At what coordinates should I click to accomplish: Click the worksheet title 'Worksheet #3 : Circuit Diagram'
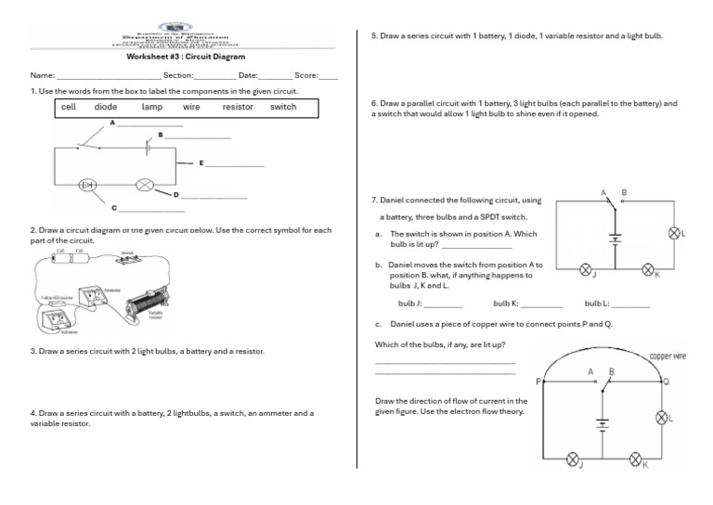172,57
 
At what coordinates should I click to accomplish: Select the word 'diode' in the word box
106,107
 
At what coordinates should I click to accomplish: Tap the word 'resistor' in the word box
238,107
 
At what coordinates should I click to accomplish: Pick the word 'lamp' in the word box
151,107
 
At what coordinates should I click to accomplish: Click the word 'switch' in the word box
283,107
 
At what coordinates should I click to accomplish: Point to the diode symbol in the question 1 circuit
89,185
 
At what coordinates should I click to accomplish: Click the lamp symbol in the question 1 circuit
144,185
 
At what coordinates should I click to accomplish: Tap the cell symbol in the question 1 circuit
147,146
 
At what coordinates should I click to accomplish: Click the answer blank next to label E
235,166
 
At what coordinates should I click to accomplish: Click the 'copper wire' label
667,356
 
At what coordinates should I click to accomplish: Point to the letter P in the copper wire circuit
538,382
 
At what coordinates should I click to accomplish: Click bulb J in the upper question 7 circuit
586,269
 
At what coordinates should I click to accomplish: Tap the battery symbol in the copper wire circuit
602,426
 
